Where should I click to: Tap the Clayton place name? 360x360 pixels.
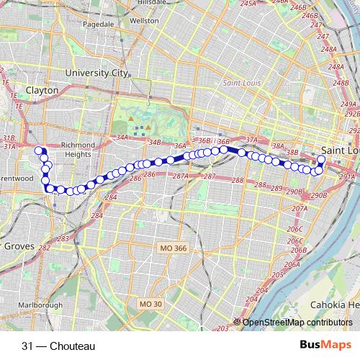(x=42, y=91)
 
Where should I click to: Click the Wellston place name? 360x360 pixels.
(x=145, y=21)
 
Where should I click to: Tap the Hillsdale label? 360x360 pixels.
(x=143, y=3)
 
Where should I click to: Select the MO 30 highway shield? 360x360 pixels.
(x=150, y=304)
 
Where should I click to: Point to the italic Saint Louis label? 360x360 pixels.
(x=242, y=83)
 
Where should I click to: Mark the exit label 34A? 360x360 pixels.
(x=121, y=137)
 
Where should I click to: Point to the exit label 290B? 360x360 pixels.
(x=317, y=194)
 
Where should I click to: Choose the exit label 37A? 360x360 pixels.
(x=251, y=140)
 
